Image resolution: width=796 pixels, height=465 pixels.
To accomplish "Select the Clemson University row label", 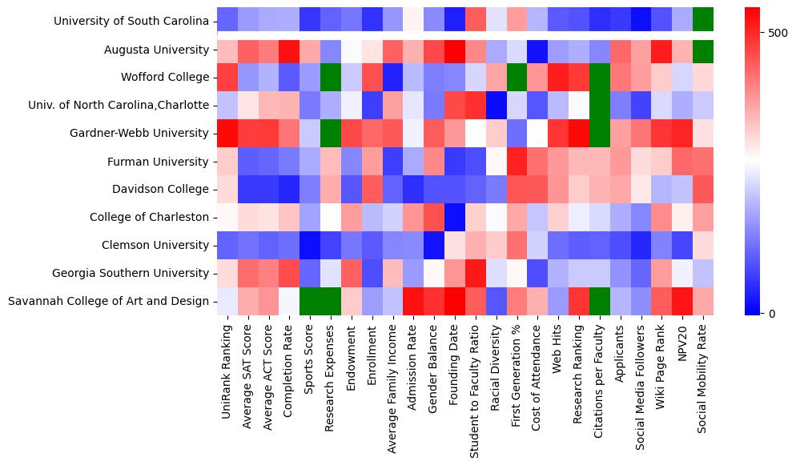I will (x=160, y=245).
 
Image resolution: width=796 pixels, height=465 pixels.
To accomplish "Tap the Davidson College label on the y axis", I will (x=163, y=189).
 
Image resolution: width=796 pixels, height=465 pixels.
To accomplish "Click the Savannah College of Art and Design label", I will (x=108, y=301).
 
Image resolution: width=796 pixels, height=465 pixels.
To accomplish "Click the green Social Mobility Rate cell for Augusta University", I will (x=705, y=50).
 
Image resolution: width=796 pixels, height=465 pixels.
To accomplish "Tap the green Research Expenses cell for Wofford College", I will (x=332, y=78).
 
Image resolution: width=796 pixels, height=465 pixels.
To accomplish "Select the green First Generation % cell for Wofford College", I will (x=518, y=78).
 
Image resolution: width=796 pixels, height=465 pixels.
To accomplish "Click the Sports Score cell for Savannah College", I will (x=311, y=301).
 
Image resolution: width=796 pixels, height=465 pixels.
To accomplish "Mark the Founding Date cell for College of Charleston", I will (x=456, y=217).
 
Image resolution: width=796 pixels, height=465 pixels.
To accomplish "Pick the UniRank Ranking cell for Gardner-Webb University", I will (x=227, y=134).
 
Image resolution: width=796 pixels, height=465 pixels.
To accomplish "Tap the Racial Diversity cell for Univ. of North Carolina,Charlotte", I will (x=497, y=106).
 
